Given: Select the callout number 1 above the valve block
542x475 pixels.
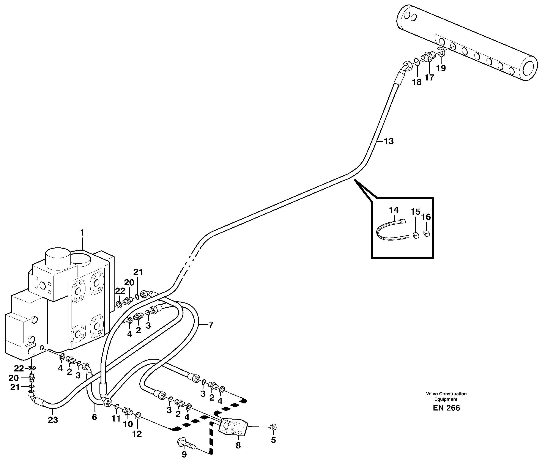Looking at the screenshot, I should (x=82, y=233).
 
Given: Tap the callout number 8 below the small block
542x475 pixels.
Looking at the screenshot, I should (x=238, y=446).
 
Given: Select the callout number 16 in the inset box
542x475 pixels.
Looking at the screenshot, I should (x=426, y=217).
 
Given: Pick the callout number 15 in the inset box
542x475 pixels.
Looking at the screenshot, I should (x=415, y=212).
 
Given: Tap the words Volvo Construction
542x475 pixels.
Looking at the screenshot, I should (x=446, y=394).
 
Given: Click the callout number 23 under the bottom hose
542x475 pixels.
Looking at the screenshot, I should (x=53, y=420).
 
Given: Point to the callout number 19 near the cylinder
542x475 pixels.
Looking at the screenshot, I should (x=441, y=68).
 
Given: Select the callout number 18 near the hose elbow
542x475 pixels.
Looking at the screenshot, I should (x=417, y=82).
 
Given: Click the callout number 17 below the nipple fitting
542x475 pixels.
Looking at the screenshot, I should (x=429, y=77).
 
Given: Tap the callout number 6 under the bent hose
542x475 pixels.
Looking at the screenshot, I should (x=95, y=417).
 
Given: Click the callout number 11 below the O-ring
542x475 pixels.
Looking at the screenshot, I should (x=116, y=418).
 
